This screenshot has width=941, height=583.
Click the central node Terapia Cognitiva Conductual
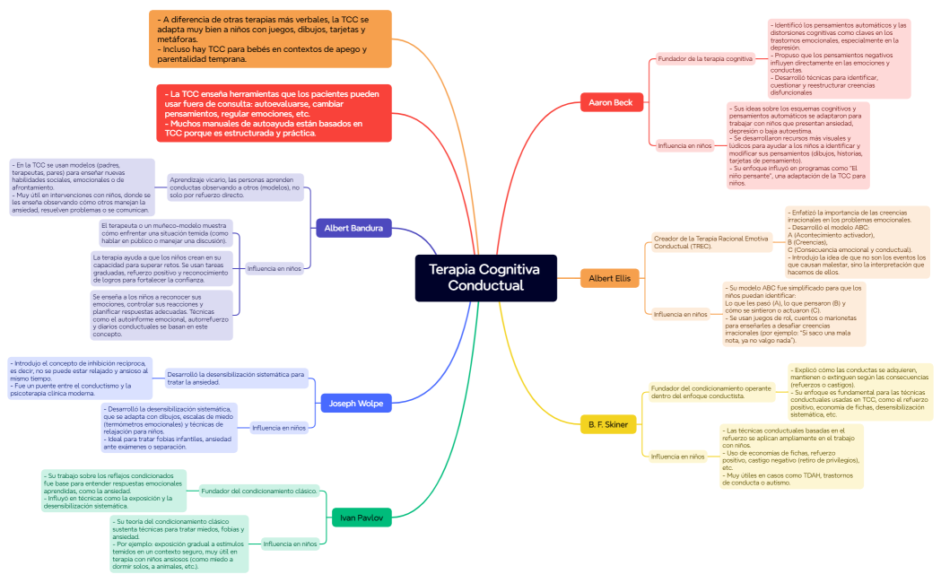485,278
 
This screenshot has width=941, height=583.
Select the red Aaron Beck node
611,102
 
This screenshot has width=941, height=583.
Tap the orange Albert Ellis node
610,278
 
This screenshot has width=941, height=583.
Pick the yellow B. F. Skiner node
608,423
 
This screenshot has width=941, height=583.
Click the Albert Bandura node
353,228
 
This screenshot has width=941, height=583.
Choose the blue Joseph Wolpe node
355,404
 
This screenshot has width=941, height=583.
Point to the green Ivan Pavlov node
362,518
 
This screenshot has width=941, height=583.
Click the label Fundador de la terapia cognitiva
705,59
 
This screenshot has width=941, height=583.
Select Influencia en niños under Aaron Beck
684,144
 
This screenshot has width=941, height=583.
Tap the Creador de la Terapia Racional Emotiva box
711,241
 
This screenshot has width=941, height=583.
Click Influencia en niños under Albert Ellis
680,314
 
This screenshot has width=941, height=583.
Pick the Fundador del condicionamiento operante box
711,392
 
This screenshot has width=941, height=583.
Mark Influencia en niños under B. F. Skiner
678,457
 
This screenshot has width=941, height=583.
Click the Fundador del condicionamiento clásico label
259,491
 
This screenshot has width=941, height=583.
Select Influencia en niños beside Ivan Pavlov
290,544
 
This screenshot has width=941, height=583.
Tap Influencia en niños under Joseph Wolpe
279,428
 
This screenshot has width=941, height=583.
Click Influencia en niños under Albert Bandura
274,268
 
